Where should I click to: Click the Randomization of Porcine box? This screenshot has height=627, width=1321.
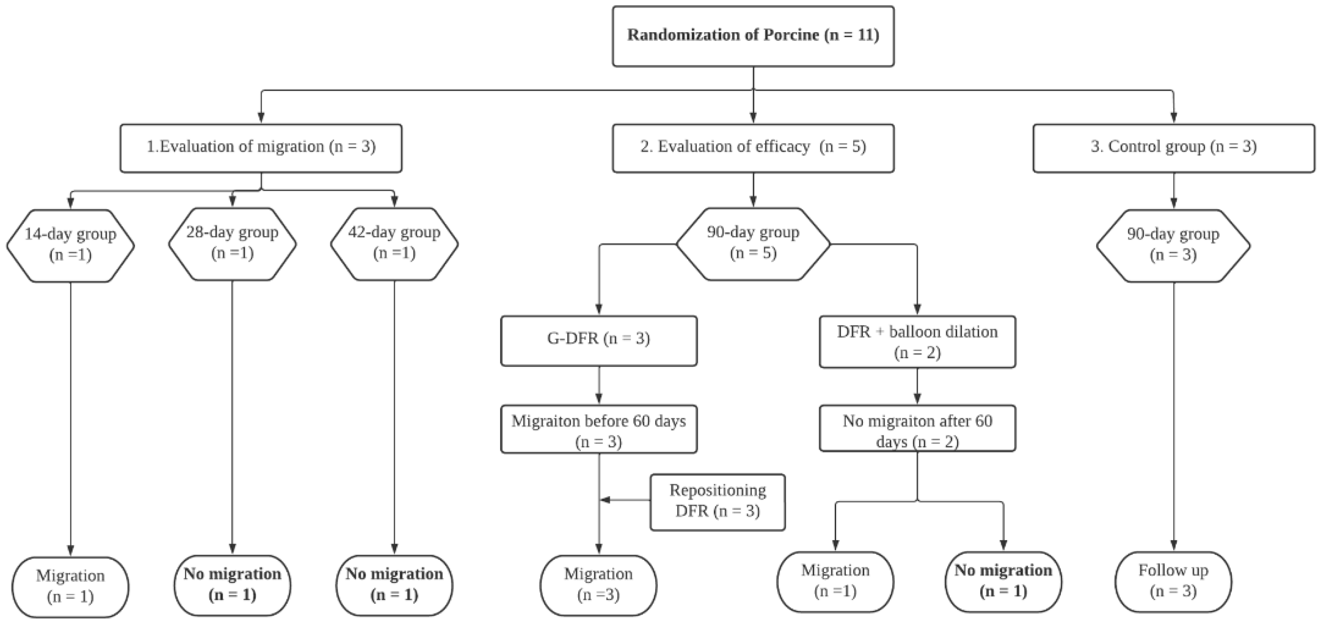[753, 36]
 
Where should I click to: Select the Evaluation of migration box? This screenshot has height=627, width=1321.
[261, 148]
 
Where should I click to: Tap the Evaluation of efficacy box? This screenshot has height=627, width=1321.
[753, 148]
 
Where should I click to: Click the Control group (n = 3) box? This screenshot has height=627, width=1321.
[1173, 148]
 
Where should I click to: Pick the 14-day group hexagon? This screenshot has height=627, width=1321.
[71, 245]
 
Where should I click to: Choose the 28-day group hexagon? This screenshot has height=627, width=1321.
[232, 244]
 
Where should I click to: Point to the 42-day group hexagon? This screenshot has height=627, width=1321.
[394, 244]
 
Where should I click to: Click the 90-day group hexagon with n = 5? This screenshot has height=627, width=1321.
[753, 244]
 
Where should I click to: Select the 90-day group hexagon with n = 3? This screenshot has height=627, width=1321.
[1173, 245]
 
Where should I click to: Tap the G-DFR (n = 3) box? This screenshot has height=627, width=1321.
[598, 340]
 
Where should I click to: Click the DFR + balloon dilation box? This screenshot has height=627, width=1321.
[917, 341]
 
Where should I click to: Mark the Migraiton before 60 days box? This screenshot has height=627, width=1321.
[598, 429]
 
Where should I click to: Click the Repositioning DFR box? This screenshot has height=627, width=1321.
[717, 502]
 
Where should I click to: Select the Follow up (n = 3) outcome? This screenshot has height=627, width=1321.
[1173, 581]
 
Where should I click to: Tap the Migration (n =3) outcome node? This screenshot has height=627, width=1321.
[598, 585]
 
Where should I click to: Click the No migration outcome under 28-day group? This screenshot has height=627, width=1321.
[232, 585]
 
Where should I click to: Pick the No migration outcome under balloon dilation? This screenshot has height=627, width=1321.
[1003, 581]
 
